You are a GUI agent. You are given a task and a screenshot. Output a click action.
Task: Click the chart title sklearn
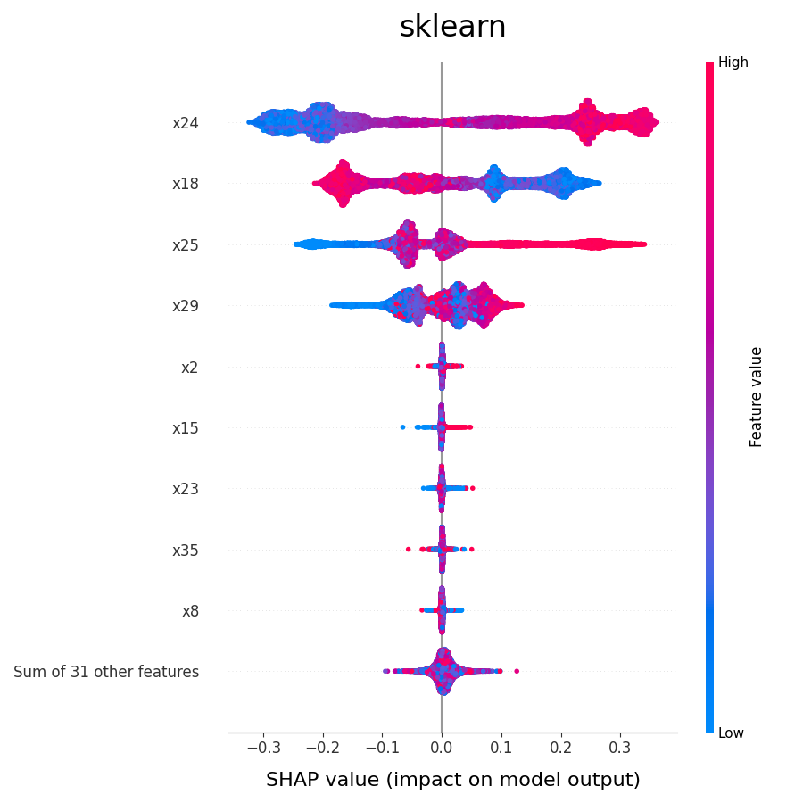pyautogui.click(x=452, y=27)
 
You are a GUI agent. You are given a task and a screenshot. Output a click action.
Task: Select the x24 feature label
pyautogui.click(x=186, y=123)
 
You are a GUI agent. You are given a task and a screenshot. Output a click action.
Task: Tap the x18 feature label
pyautogui.click(x=186, y=184)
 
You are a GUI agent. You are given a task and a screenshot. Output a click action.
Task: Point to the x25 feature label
pyautogui.click(x=186, y=245)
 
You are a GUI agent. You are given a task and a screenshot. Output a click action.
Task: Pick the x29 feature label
pyautogui.click(x=186, y=306)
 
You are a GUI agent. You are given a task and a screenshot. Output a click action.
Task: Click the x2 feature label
pyautogui.click(x=189, y=367)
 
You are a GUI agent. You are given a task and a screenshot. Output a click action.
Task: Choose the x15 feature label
pyautogui.click(x=186, y=428)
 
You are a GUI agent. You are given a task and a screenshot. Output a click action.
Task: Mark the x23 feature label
pyautogui.click(x=186, y=489)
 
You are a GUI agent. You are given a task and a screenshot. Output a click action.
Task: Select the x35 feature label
pyautogui.click(x=186, y=551)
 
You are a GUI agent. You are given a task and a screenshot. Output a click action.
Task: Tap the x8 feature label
pyautogui.click(x=190, y=611)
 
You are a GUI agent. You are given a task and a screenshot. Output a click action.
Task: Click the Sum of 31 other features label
pyautogui.click(x=106, y=672)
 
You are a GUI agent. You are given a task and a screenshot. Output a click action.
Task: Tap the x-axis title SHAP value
pyautogui.click(x=452, y=780)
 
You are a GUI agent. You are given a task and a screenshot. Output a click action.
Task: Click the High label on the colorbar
pyautogui.click(x=733, y=62)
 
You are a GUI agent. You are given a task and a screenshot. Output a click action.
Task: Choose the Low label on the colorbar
pyautogui.click(x=732, y=733)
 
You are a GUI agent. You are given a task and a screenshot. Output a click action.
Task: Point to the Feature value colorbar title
pyautogui.click(x=757, y=397)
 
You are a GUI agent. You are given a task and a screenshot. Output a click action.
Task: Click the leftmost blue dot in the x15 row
pyautogui.click(x=402, y=427)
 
